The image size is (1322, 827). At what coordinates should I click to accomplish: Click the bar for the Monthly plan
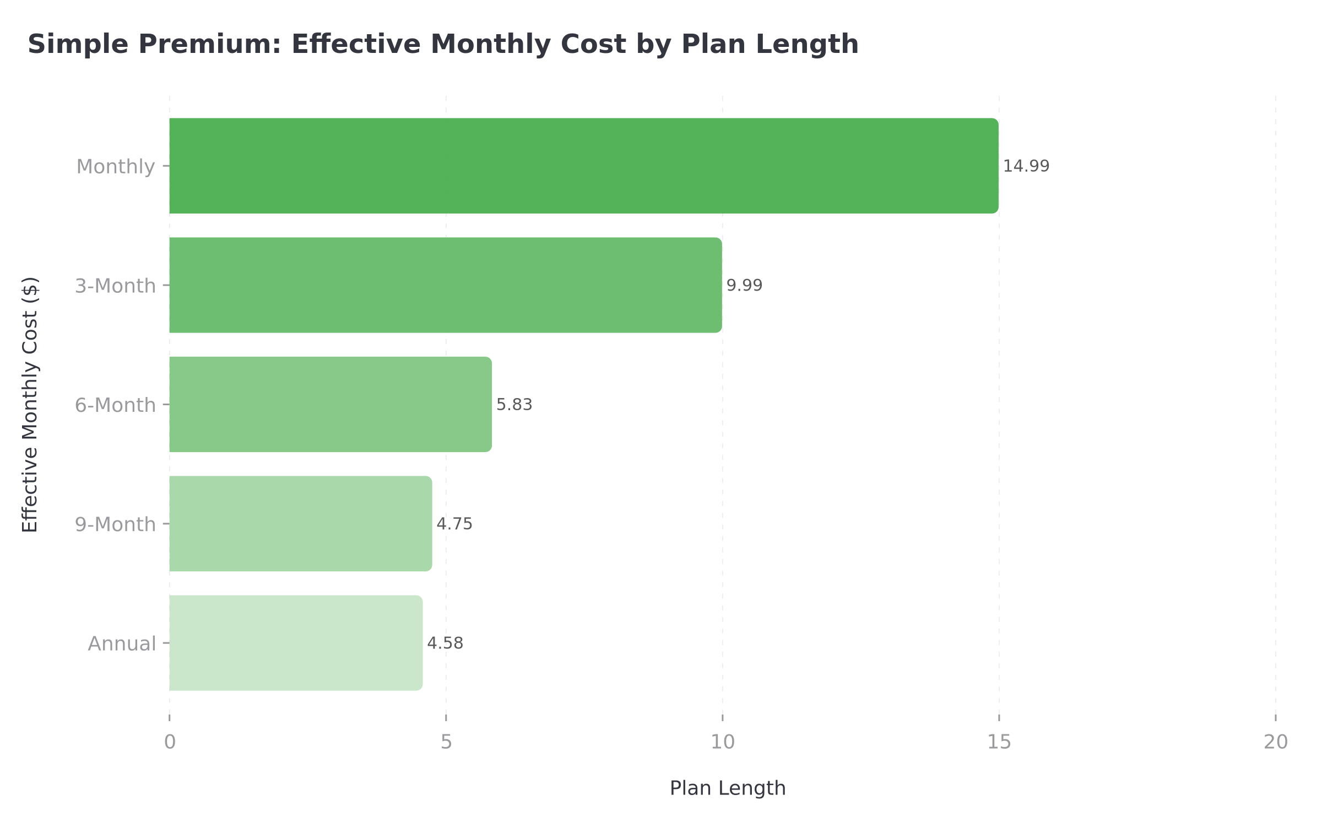(584, 166)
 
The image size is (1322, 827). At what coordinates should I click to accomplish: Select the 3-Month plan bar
(445, 285)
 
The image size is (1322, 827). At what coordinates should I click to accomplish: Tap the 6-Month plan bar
(330, 405)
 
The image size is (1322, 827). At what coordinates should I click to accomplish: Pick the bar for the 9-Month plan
(300, 524)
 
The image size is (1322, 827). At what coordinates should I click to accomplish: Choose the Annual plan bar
(296, 643)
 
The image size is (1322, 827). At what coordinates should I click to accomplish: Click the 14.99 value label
(1026, 166)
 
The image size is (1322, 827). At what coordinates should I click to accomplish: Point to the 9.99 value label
(744, 286)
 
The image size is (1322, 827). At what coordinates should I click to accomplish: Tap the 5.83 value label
(514, 405)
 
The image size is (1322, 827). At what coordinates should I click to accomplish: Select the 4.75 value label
(454, 524)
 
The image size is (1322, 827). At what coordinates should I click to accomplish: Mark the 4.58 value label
(445, 643)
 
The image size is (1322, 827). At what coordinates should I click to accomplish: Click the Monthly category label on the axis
(116, 167)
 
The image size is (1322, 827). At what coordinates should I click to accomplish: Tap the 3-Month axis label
(115, 286)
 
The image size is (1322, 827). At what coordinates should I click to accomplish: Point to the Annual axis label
(122, 644)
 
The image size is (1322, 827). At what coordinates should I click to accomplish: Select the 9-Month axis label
(115, 524)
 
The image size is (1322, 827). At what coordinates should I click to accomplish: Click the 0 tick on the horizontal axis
(170, 742)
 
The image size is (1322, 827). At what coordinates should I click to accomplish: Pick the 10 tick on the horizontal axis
(722, 742)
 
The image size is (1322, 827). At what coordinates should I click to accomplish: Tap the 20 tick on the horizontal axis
(1275, 742)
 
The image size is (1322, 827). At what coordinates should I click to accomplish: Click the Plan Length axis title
(727, 788)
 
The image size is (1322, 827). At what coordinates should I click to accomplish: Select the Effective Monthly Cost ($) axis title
(30, 405)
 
